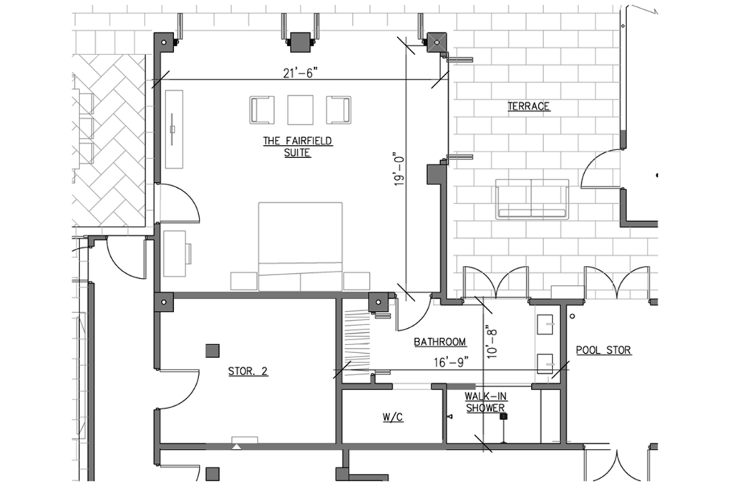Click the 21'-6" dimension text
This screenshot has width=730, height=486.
[x=301, y=73]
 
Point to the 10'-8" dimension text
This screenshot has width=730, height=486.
[x=492, y=343]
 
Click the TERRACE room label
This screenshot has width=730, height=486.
[x=528, y=106]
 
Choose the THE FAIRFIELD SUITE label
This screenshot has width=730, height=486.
[x=298, y=147]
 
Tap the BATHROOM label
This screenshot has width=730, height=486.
[x=440, y=342]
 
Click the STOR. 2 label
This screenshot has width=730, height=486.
[x=248, y=371]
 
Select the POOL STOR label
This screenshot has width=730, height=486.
[x=603, y=350]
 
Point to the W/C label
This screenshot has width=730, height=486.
[x=393, y=417]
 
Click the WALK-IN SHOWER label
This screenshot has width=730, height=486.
[x=485, y=402]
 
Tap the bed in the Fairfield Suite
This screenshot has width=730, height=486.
[x=301, y=246]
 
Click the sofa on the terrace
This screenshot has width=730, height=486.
[x=532, y=199]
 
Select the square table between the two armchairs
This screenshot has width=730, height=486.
[x=301, y=110]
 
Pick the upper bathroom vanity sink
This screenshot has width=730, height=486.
[x=545, y=324]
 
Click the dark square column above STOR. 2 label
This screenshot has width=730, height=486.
[x=213, y=351]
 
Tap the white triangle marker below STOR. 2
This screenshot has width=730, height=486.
[x=237, y=447]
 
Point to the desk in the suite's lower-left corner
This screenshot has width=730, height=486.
[x=175, y=254]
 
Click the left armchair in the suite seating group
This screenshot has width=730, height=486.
[x=262, y=110]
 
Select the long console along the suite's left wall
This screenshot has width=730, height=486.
[x=174, y=129]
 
